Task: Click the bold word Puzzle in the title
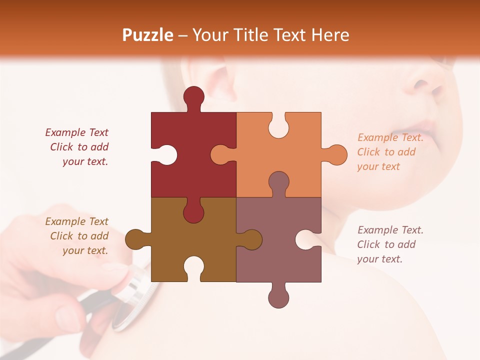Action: click(148, 35)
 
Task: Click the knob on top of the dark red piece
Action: click(193, 97)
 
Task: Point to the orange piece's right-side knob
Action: click(335, 154)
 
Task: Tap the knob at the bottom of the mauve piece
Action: click(278, 296)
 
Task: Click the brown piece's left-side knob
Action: click(136, 239)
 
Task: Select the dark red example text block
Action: click(77, 147)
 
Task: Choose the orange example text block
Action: click(390, 152)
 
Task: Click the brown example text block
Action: click(77, 236)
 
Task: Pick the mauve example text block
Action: click(390, 244)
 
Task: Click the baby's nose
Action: click(425, 82)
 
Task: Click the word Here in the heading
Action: click(330, 35)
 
